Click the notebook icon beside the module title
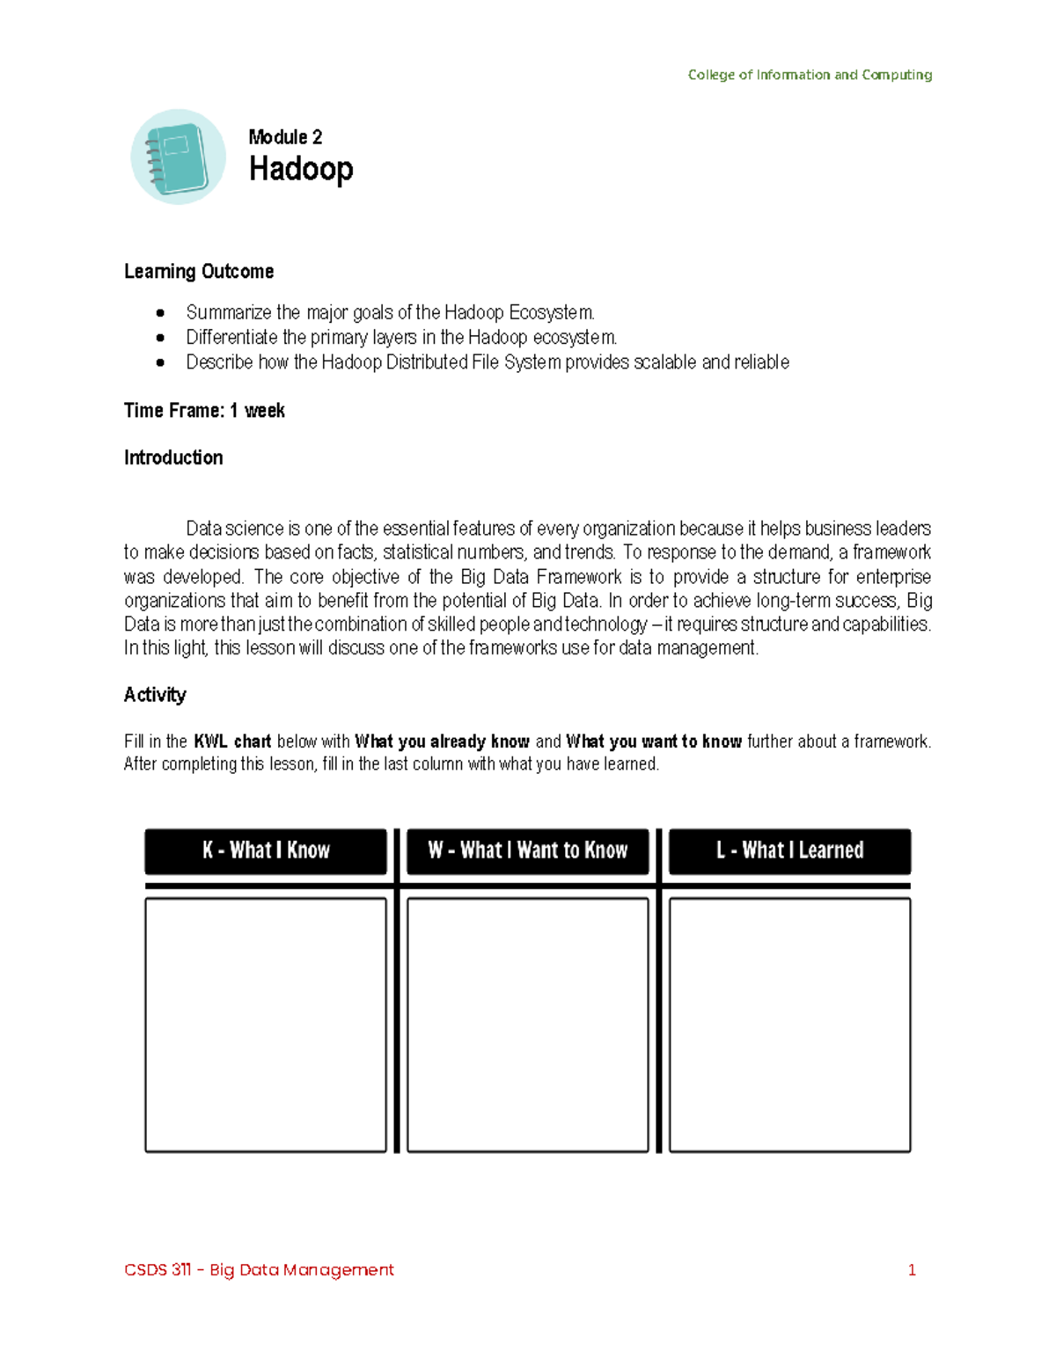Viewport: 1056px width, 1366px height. (x=179, y=157)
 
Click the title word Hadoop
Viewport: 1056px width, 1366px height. (x=301, y=168)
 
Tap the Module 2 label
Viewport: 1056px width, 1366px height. (x=285, y=136)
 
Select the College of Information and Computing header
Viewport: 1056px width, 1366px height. (x=810, y=75)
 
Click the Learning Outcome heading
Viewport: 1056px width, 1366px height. (x=199, y=271)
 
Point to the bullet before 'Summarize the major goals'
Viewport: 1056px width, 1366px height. (x=160, y=313)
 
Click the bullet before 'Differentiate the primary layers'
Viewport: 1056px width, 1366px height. (x=160, y=338)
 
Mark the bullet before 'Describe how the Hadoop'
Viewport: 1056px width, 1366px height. (x=160, y=362)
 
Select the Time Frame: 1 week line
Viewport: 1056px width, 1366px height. (x=204, y=411)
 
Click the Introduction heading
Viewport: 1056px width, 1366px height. (x=173, y=457)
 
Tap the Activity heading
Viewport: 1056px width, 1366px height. (x=155, y=695)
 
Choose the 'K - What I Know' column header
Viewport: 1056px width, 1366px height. (x=266, y=851)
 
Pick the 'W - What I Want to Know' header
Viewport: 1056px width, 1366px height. (x=528, y=851)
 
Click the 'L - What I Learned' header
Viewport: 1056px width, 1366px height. (x=789, y=851)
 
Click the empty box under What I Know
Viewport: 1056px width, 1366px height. (x=266, y=1025)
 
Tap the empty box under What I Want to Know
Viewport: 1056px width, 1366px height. (x=528, y=1025)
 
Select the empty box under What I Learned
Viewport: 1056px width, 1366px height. (x=789, y=1025)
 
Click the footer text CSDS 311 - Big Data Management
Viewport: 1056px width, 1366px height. (x=259, y=1269)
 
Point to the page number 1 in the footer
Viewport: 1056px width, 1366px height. (x=912, y=1269)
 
